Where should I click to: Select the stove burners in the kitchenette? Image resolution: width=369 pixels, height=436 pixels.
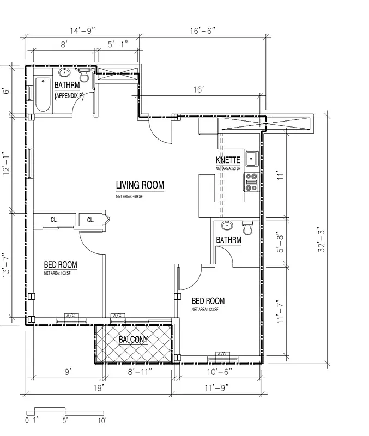pos(251,182)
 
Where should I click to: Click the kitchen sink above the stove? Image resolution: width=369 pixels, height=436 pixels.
pos(252,159)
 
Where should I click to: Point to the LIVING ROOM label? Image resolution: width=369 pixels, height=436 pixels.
pos(140,185)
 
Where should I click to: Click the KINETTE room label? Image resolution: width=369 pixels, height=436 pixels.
pos(228,160)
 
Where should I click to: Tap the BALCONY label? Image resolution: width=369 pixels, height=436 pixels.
pos(134,340)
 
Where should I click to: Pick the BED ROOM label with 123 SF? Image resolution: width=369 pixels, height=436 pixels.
pos(208,301)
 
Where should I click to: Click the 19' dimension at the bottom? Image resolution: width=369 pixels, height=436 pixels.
pos(98,388)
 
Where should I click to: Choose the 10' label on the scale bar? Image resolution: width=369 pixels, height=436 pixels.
pos(102,420)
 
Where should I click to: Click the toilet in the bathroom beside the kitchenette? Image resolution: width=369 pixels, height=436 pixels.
pos(248,229)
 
